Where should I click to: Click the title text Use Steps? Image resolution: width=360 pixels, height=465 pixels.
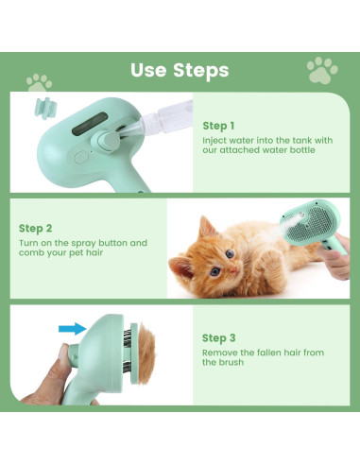pyautogui.click(x=180, y=70)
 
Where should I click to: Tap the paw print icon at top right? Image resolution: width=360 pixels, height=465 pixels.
pyautogui.click(x=322, y=68)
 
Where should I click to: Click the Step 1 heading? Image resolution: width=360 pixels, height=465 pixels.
pyautogui.click(x=218, y=126)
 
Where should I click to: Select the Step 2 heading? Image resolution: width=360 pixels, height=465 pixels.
pyautogui.click(x=35, y=228)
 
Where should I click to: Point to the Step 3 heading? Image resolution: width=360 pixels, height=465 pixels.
pyautogui.click(x=218, y=336)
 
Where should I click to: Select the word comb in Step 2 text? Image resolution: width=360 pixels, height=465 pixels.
pyautogui.click(x=28, y=254)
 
